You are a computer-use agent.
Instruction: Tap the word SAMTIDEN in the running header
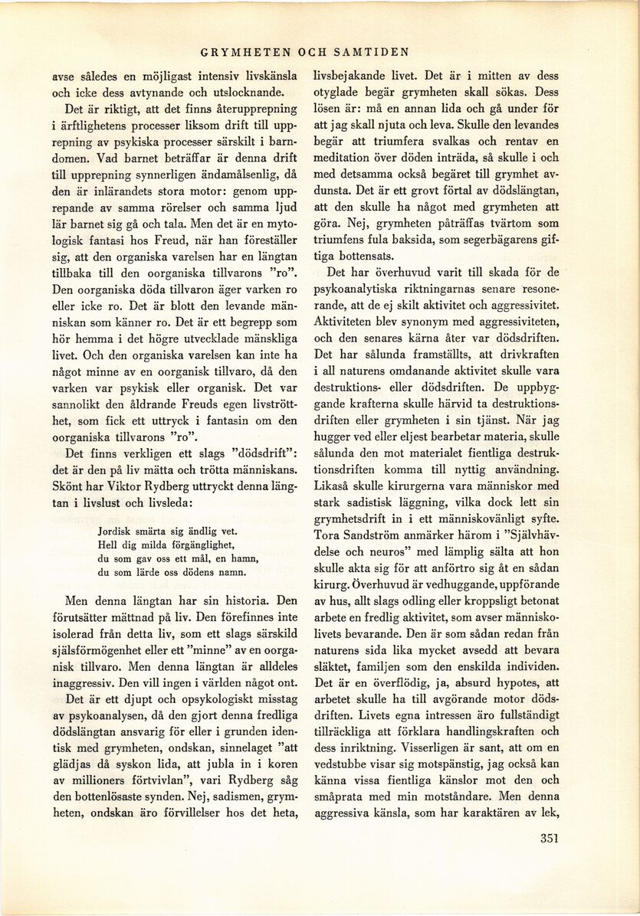[370, 53]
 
